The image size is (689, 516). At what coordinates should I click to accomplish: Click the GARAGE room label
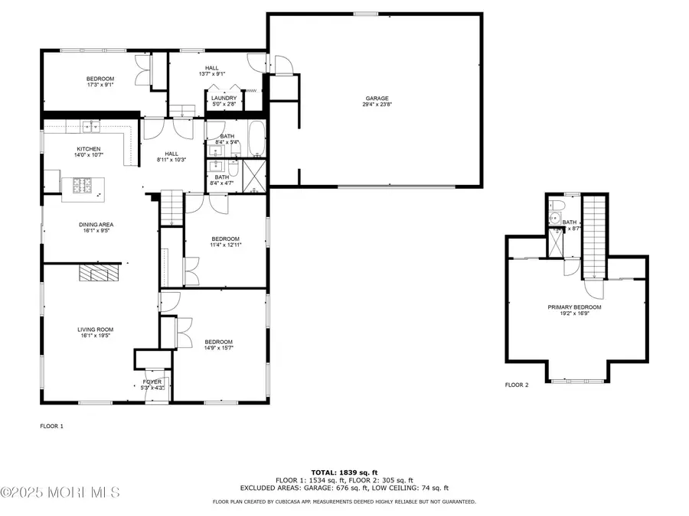point(376,98)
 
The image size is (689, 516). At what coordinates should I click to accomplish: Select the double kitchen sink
point(90,126)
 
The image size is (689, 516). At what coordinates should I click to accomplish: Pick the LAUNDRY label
point(224,98)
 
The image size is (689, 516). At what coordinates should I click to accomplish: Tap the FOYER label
point(152,381)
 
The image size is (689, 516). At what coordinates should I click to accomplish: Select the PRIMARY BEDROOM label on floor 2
point(574,307)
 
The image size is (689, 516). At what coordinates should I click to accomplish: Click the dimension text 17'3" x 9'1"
point(100,86)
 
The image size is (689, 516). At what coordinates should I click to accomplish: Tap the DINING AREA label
point(96,225)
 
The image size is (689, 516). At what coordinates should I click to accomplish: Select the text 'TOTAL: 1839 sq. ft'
point(344,472)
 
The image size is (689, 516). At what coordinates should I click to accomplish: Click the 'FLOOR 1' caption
point(51,426)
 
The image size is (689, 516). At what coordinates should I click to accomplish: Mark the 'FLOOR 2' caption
point(516,385)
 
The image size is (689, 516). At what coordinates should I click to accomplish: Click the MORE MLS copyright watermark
point(60,491)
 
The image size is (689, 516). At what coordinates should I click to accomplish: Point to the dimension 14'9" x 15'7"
point(218,348)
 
